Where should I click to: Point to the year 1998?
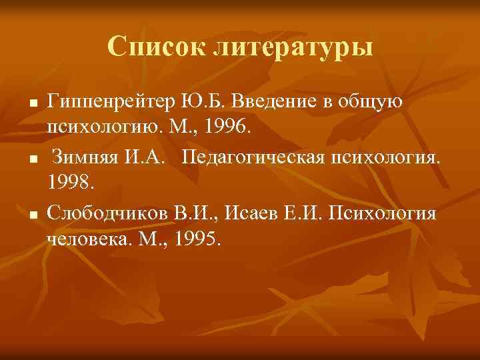pos(69,181)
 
